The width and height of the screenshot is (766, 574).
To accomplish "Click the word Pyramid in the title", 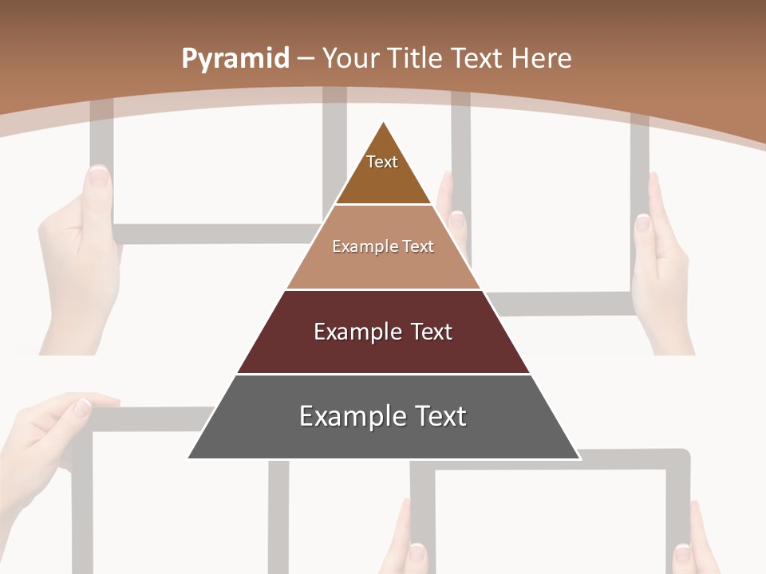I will click(x=235, y=59).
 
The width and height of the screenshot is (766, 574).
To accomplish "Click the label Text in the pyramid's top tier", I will click(x=382, y=162).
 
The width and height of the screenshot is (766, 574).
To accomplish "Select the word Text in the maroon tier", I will click(x=432, y=332).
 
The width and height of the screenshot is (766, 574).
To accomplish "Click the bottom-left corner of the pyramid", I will click(x=189, y=458).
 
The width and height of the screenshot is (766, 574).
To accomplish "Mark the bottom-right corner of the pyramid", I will click(x=578, y=458).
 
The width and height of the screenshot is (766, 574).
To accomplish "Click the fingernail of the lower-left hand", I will click(x=83, y=407).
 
